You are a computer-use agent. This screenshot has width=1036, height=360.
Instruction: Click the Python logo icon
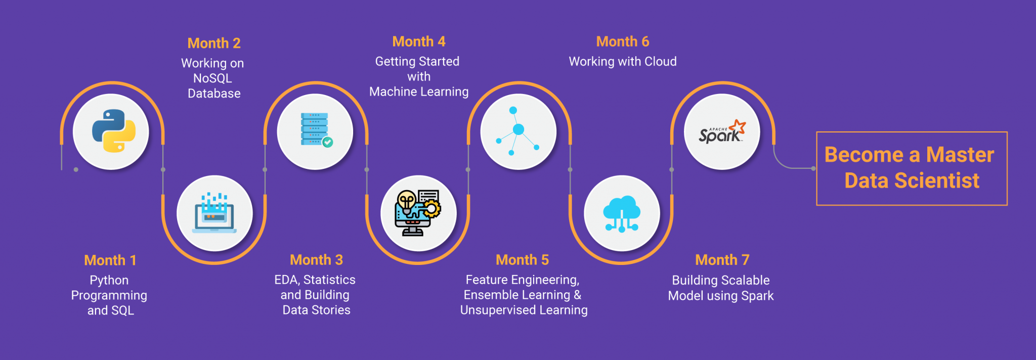(x=113, y=131)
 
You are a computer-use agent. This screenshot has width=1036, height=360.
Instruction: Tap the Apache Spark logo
(x=722, y=132)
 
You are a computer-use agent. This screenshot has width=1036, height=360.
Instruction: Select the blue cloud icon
(x=622, y=213)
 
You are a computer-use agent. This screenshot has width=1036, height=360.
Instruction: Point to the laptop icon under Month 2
(x=214, y=213)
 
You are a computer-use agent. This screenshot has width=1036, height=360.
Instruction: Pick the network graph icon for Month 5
(x=518, y=131)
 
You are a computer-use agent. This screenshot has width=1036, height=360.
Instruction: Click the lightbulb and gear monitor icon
(x=418, y=213)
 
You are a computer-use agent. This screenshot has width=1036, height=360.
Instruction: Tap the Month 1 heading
(x=110, y=260)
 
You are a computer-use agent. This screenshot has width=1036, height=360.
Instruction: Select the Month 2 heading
(x=214, y=43)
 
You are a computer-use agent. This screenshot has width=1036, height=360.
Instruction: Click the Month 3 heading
(x=316, y=260)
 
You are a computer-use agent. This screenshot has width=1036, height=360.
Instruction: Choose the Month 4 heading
(x=419, y=41)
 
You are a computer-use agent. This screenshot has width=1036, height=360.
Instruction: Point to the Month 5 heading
(x=522, y=260)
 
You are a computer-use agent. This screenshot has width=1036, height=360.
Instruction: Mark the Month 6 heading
(x=622, y=41)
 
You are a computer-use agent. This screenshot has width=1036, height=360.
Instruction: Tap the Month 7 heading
(x=722, y=260)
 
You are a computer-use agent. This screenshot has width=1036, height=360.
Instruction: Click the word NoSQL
(x=212, y=78)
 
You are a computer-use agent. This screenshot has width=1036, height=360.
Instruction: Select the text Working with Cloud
(x=622, y=62)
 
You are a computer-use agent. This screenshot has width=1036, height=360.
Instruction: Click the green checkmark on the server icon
(x=328, y=142)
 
